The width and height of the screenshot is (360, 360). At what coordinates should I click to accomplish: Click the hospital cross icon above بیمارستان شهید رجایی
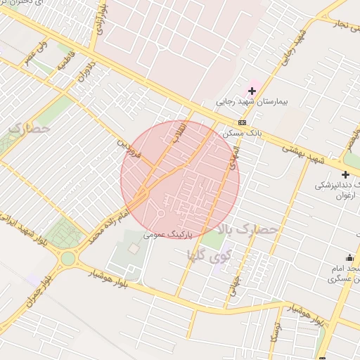252,91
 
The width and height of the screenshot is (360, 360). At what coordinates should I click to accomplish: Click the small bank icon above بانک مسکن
243,122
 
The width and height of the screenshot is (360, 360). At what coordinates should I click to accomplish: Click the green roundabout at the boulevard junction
67,258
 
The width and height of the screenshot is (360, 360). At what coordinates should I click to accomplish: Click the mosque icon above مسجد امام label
349,257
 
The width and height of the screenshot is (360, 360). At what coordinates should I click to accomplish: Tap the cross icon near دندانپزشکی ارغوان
345,174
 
